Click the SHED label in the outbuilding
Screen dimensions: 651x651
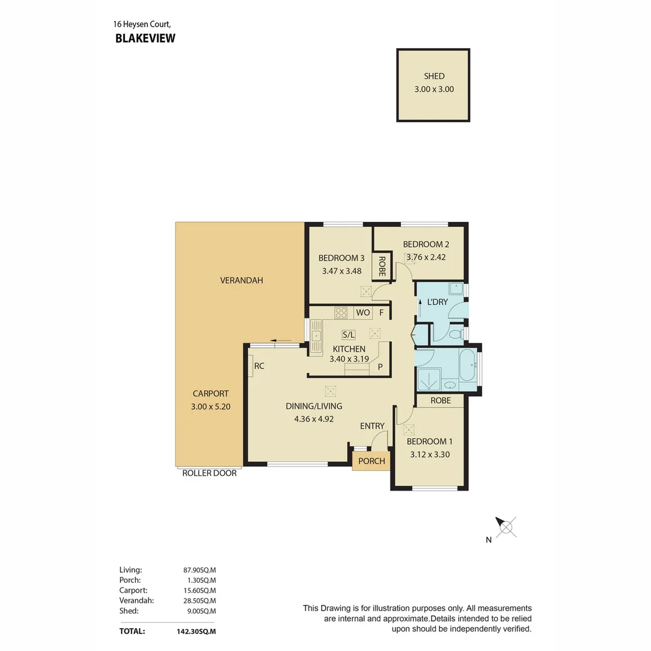click(434, 76)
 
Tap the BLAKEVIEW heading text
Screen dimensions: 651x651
click(145, 39)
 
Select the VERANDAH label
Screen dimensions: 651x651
click(241, 280)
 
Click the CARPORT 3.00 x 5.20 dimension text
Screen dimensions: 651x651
click(210, 407)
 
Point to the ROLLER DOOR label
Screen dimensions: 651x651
click(209, 473)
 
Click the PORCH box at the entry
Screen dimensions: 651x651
click(371, 461)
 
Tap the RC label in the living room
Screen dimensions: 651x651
click(259, 365)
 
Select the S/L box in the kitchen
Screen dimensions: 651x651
click(348, 335)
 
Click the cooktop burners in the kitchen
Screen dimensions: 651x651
click(341, 312)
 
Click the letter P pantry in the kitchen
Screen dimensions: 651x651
click(380, 366)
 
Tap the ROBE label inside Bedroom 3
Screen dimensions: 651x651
click(382, 266)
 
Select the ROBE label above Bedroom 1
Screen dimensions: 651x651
click(440, 400)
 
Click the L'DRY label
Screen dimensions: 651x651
click(438, 301)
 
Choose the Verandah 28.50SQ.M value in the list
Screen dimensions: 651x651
click(200, 600)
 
